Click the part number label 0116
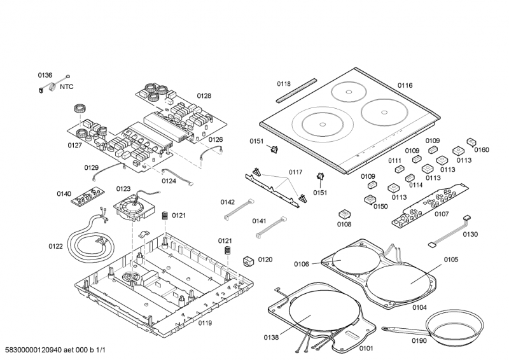(x=405, y=85)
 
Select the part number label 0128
(x=204, y=96)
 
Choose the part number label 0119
(x=204, y=323)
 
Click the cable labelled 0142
(x=237, y=210)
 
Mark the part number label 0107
(x=442, y=214)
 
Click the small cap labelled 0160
(x=471, y=142)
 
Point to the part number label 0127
(x=76, y=145)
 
